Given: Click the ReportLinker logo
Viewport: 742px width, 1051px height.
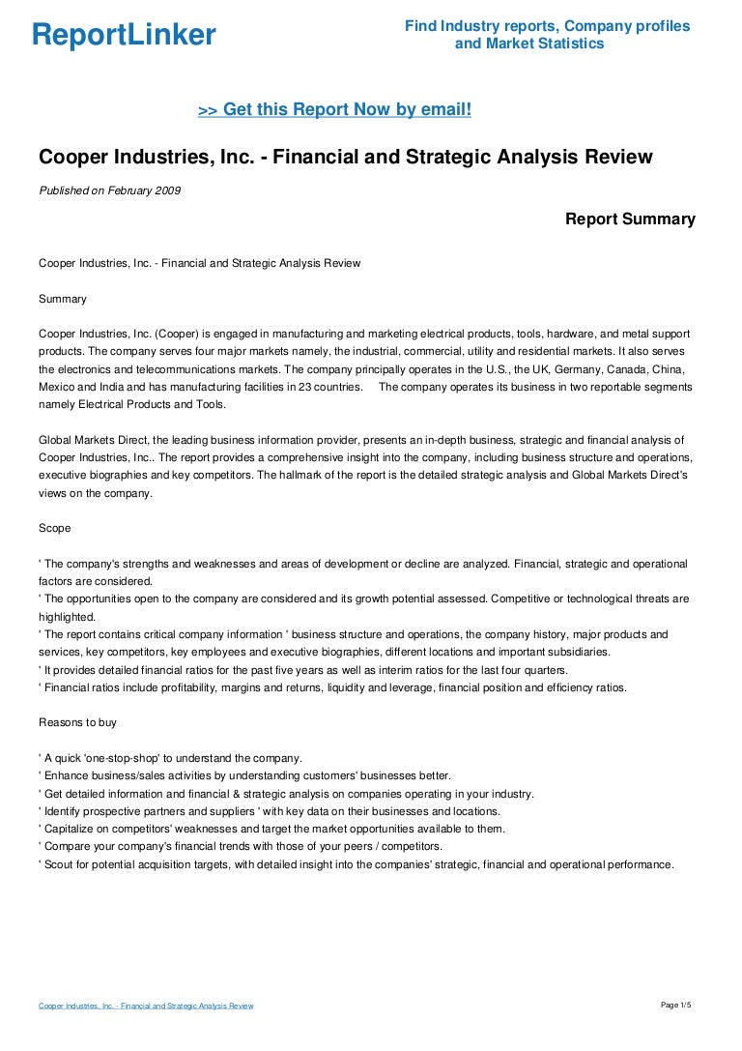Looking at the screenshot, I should (124, 36).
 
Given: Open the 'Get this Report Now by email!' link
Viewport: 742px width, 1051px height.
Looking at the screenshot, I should (334, 110).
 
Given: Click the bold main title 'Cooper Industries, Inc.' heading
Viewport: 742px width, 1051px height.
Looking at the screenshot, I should (345, 157).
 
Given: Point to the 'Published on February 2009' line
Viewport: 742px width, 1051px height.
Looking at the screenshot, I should (109, 190).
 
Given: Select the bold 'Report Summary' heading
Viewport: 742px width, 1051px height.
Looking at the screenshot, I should (630, 219).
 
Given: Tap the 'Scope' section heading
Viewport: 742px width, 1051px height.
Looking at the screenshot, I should (54, 529).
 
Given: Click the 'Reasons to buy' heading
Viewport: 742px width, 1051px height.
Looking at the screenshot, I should (78, 722).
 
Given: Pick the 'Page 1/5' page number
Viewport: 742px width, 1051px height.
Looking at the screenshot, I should (676, 1006).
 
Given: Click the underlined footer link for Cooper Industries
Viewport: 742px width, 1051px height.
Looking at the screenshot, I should (146, 1007).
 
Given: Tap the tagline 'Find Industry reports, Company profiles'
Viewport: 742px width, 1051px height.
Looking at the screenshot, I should (547, 26).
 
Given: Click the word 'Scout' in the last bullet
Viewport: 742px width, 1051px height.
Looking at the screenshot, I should (60, 864).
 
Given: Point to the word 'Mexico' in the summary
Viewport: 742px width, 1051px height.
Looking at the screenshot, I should (57, 387).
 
